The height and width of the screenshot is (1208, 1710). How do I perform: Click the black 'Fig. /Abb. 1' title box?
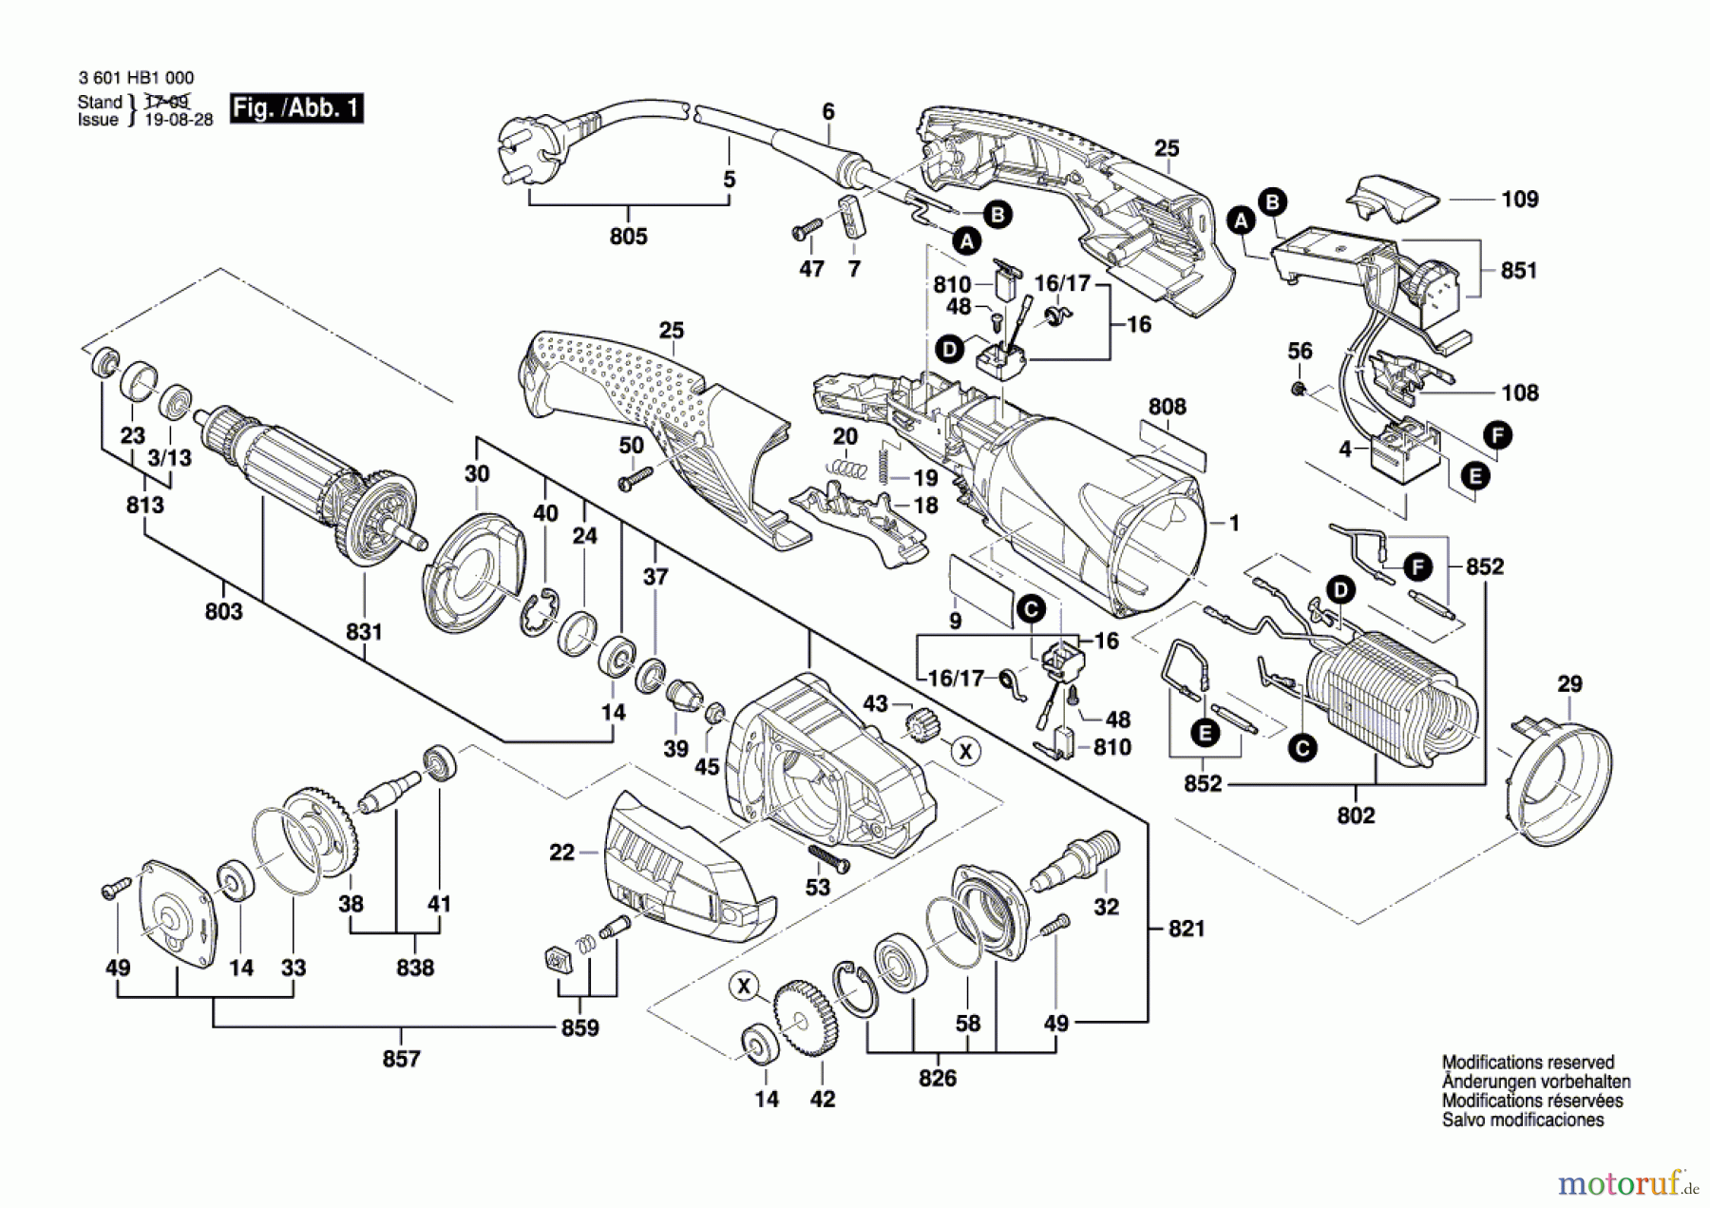point(296,108)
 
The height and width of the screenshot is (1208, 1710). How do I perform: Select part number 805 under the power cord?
point(628,236)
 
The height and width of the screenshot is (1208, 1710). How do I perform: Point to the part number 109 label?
point(1520,200)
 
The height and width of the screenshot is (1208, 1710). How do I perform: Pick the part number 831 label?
point(364,632)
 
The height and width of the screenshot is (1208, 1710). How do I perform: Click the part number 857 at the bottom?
point(401,1059)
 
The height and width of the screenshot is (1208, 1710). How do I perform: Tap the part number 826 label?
point(937,1079)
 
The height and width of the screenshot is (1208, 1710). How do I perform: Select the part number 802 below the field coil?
point(1356,815)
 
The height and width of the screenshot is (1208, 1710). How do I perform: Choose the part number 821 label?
point(1187,929)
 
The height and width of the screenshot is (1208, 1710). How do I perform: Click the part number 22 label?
point(562,853)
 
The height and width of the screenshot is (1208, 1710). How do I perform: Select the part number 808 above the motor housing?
point(1167,407)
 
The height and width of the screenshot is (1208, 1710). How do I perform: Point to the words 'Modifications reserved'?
point(1528,1063)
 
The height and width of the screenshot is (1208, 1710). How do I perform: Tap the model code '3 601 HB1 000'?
point(136,79)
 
